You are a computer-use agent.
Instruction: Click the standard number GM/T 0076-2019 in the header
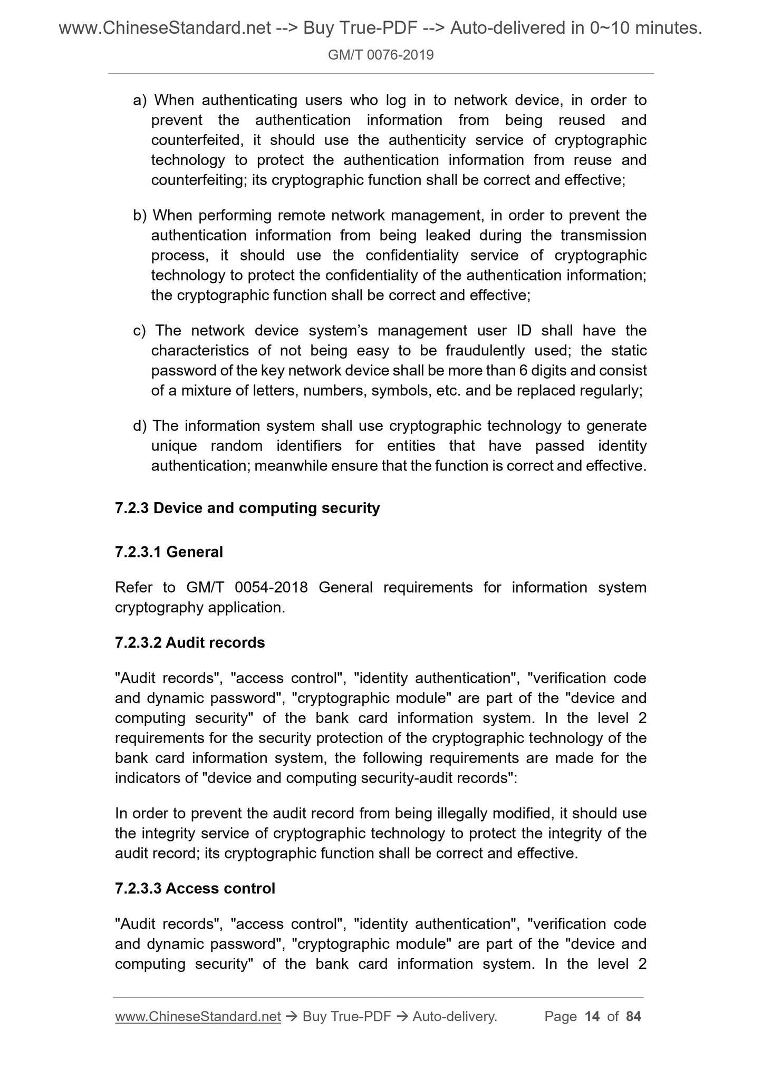click(381, 55)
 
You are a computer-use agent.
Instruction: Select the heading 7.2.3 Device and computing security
click(247, 508)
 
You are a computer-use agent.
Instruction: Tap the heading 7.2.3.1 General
click(169, 552)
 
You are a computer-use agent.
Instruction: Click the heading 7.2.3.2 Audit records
click(190, 642)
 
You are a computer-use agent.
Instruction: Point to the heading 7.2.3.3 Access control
click(195, 888)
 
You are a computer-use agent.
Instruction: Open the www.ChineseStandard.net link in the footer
click(198, 1016)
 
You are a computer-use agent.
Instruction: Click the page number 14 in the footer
click(592, 1016)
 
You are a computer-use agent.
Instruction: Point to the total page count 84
click(633, 1016)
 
